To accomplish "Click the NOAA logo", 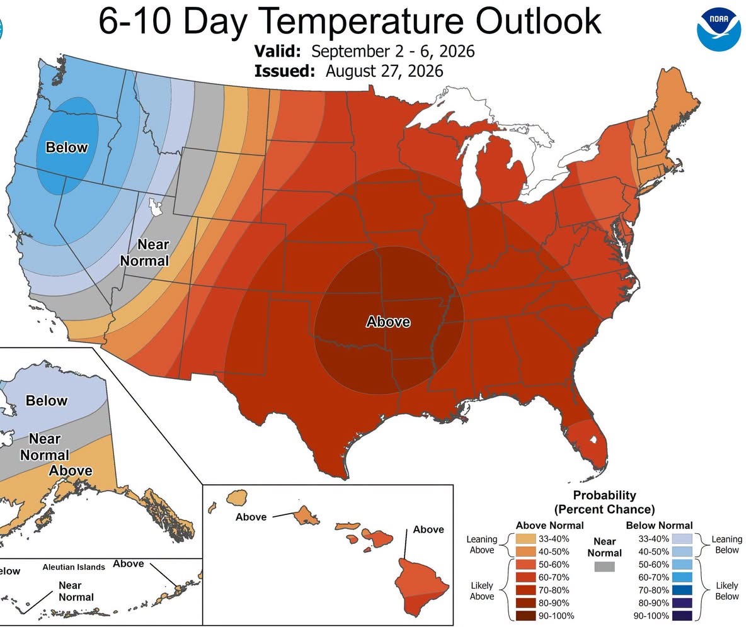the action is click(719, 30).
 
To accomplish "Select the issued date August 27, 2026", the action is click(384, 71).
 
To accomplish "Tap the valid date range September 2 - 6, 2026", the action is click(393, 51).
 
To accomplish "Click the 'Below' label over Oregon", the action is click(67, 147).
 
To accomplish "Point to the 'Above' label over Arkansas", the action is click(388, 322).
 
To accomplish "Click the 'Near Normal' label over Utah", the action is click(144, 252).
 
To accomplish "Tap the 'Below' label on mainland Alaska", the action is click(47, 401).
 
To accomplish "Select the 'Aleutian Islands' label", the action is click(74, 567).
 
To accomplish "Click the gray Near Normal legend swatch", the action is click(604, 567).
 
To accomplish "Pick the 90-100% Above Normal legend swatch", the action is click(525, 616).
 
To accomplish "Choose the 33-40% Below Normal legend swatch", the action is click(682, 539).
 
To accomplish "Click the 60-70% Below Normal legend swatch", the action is click(682, 577).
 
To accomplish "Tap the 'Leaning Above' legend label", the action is click(481, 545).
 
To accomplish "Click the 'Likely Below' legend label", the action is click(726, 591).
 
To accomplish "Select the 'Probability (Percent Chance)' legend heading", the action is click(604, 502).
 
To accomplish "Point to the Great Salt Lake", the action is click(156, 206).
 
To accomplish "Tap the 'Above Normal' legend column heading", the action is click(549, 526).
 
